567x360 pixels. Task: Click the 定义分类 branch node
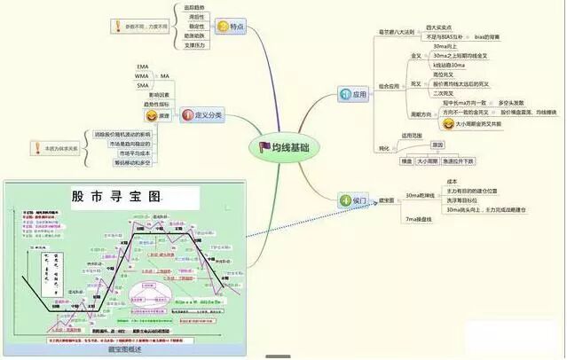point(202,114)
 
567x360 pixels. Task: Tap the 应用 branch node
point(353,92)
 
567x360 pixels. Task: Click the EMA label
point(142,67)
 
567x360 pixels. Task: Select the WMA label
point(142,76)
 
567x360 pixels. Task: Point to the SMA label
point(142,86)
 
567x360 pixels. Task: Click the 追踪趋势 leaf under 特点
point(195,7)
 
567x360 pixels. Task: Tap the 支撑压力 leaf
point(195,43)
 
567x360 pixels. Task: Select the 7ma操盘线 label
point(418,218)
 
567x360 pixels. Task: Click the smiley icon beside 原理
point(153,115)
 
